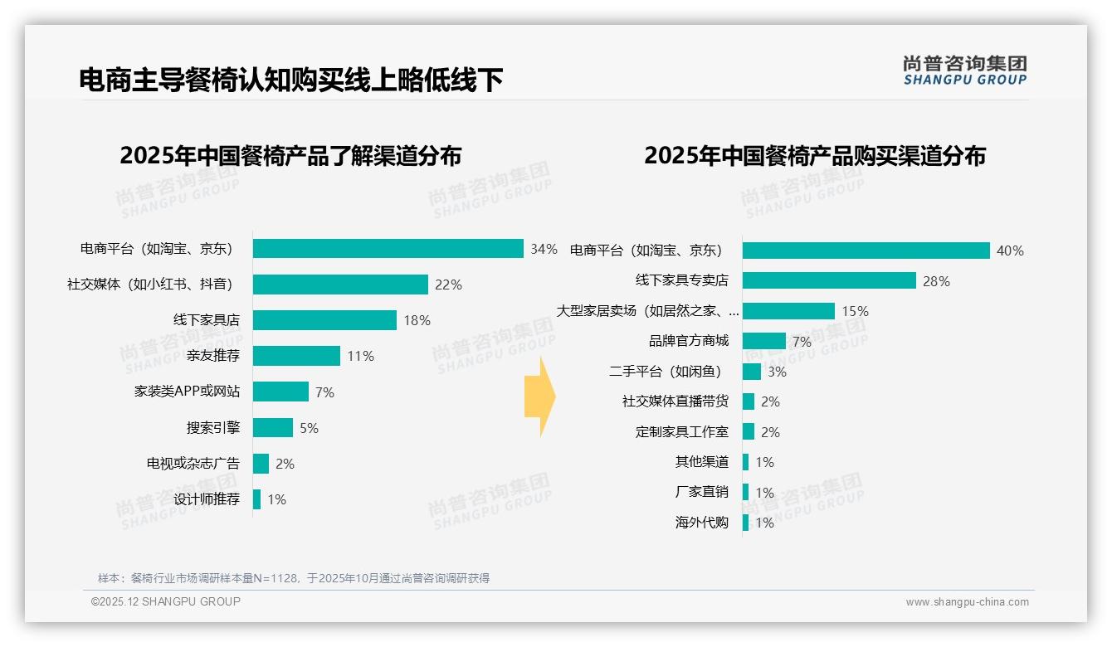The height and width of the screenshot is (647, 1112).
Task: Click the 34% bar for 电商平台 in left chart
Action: point(388,249)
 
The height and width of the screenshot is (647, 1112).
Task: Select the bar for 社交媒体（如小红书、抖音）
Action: point(340,285)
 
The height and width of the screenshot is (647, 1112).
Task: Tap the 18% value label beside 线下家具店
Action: point(417,321)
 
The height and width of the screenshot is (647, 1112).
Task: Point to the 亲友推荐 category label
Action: point(213,356)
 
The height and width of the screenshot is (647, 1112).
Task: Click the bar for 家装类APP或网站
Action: point(280,392)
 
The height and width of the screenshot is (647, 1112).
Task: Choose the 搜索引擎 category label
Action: point(213,428)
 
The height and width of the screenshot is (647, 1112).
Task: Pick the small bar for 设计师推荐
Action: point(257,499)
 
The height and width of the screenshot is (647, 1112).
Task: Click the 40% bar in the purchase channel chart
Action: point(866,251)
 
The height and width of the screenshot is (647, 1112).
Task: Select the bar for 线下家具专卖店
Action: point(829,280)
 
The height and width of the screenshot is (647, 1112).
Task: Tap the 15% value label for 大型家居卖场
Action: point(855,312)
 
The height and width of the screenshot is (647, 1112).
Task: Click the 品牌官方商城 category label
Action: point(689,341)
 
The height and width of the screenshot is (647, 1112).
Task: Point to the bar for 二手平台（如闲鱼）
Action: point(752,372)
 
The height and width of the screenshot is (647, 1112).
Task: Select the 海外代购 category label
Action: point(702,523)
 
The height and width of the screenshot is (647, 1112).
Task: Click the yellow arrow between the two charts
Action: point(539,396)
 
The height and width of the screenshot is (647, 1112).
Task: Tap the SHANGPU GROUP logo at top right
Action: point(965,71)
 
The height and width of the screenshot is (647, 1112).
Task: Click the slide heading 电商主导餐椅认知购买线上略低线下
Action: point(291,80)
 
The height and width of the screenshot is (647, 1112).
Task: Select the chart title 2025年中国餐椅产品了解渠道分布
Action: point(290,156)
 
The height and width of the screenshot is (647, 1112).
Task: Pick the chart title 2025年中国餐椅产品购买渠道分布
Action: point(815,156)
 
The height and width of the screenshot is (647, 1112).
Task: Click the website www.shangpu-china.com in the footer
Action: point(967,602)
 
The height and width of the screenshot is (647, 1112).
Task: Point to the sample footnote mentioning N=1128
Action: point(294,578)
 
